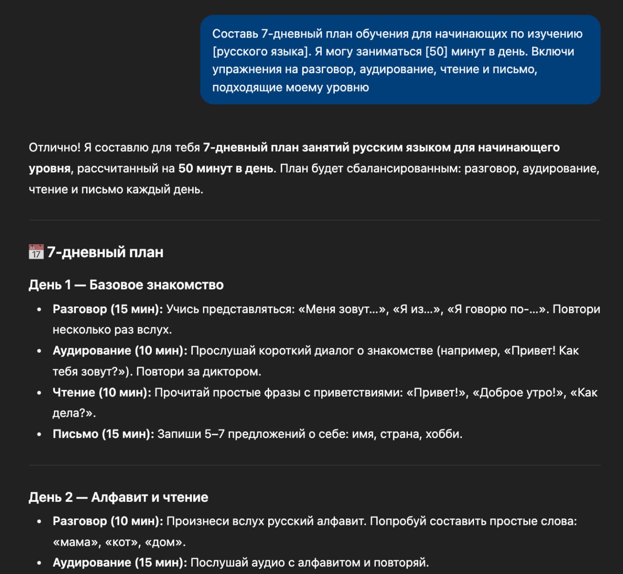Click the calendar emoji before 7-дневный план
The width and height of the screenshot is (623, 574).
[x=36, y=252]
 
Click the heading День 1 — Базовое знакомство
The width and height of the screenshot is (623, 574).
[x=126, y=285]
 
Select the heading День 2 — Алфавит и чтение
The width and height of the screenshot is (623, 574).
[x=118, y=497]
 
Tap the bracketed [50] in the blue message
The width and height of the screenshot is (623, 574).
[x=436, y=52]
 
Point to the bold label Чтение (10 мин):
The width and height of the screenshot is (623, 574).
[x=102, y=392]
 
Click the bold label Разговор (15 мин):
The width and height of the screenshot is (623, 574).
[x=108, y=309]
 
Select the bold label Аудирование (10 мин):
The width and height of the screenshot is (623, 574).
[x=120, y=350]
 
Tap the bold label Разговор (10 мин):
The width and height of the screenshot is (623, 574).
[x=108, y=521]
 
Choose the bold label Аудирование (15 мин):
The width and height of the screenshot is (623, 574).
[x=120, y=562]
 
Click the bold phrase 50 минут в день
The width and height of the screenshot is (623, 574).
[x=225, y=169]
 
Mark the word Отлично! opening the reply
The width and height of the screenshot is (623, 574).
[x=55, y=147]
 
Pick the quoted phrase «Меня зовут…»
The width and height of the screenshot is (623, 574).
[x=342, y=309]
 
